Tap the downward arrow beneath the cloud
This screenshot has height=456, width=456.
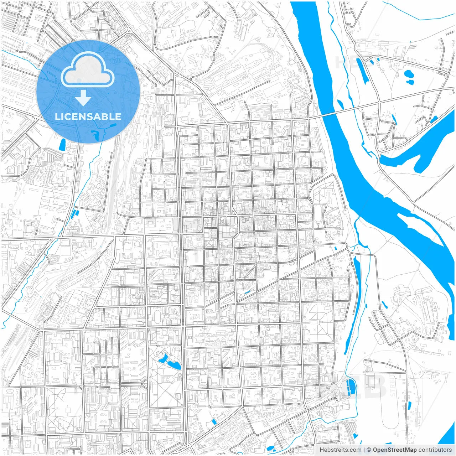[x=83, y=98]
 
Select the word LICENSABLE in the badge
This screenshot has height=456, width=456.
[x=88, y=116]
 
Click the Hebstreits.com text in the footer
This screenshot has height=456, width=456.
[x=340, y=450]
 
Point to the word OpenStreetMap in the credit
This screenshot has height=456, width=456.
[x=394, y=450]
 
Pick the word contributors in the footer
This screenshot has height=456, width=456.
[x=435, y=450]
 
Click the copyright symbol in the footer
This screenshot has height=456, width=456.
[x=369, y=450]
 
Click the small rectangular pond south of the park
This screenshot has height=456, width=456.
[x=214, y=422]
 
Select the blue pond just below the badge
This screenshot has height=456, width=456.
[x=62, y=144]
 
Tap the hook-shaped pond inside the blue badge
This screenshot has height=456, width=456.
[x=96, y=134]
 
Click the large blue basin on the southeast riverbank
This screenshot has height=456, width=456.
[x=351, y=387]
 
